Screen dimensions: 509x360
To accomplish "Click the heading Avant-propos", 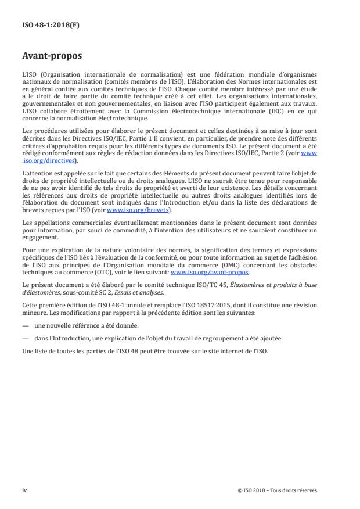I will tap(52, 58).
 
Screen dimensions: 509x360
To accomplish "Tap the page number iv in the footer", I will tap(24, 490).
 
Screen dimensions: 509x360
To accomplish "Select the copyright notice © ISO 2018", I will tap(277, 490).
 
